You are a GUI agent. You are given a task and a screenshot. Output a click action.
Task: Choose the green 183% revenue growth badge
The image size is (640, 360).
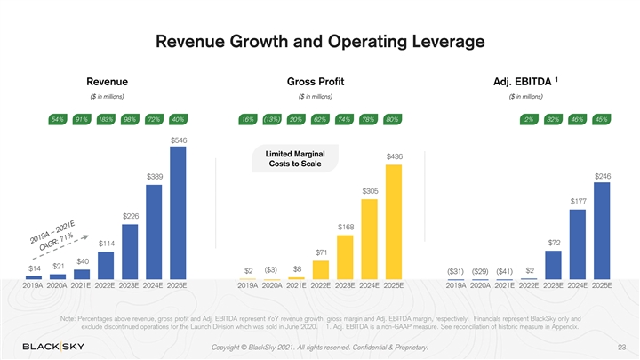[105, 119]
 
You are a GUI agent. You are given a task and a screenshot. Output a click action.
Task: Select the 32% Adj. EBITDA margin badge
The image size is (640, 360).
[553, 119]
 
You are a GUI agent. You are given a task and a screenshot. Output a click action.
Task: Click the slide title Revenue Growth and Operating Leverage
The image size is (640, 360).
[319, 42]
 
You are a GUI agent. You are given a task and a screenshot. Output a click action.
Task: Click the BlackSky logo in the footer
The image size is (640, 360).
[55, 346]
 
